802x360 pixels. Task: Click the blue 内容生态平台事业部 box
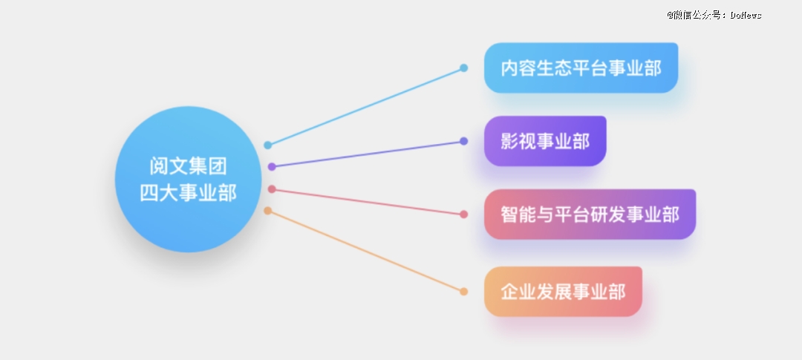click(x=581, y=68)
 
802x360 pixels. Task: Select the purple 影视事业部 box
click(x=545, y=141)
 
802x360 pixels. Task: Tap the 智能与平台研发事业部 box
click(x=590, y=215)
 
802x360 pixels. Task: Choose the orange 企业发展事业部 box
click(x=563, y=292)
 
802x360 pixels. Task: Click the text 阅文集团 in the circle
click(x=188, y=166)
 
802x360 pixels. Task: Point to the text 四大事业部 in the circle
click(x=188, y=193)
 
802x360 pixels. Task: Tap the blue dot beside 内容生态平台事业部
click(x=463, y=68)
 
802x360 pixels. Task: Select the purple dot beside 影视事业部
click(x=463, y=141)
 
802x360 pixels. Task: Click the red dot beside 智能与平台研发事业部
click(x=463, y=215)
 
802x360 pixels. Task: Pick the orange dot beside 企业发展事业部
click(x=463, y=292)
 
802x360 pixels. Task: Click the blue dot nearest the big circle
click(x=267, y=145)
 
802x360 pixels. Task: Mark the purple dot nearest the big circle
click(x=272, y=167)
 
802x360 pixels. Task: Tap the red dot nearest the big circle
click(x=272, y=189)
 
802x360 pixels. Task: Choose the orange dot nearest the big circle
click(x=267, y=211)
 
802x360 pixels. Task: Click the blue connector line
click(x=365, y=106)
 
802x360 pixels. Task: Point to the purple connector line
click(x=368, y=154)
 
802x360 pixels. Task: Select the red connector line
click(x=368, y=201)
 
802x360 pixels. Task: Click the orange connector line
click(x=365, y=251)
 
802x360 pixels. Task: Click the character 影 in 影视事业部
click(x=509, y=141)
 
